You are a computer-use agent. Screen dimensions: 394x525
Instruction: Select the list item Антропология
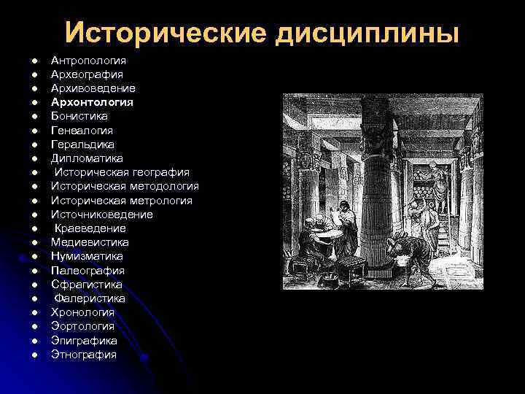[x=88, y=60]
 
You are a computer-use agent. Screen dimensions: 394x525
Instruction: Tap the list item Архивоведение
[x=93, y=88]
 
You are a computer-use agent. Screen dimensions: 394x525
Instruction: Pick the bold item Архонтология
[x=92, y=102]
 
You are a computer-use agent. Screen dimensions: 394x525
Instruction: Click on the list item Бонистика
[x=79, y=116]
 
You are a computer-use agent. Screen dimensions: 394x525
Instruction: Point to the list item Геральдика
[x=82, y=144]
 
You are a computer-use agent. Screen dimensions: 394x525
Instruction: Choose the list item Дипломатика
[x=87, y=158]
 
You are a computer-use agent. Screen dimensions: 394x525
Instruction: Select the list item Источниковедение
[x=102, y=215]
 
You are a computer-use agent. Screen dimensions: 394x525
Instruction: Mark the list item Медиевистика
[x=90, y=242]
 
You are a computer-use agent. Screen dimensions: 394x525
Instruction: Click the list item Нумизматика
[x=87, y=257]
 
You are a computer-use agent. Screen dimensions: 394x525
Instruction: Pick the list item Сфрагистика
[x=87, y=285]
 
